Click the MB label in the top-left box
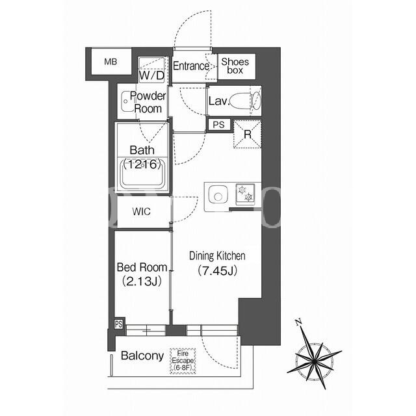pyautogui.click(x=110, y=62)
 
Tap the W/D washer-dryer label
pyautogui.click(x=151, y=75)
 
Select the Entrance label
pyautogui.click(x=191, y=66)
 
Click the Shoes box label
pyautogui.click(x=235, y=66)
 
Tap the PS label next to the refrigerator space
pyautogui.click(x=218, y=125)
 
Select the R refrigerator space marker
pyautogui.click(x=247, y=135)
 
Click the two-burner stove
pyautogui.click(x=245, y=194)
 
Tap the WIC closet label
pyautogui.click(x=142, y=211)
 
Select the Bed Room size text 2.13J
pyautogui.click(x=142, y=281)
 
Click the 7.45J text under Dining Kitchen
pyautogui.click(x=217, y=270)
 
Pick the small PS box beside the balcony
pyautogui.click(x=118, y=324)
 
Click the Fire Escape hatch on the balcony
pyautogui.click(x=183, y=361)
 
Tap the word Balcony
pyautogui.click(x=142, y=356)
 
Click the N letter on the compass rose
pyautogui.click(x=298, y=322)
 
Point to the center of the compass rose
pyautogui.click(x=314, y=361)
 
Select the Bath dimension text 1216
pyautogui.click(x=142, y=164)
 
